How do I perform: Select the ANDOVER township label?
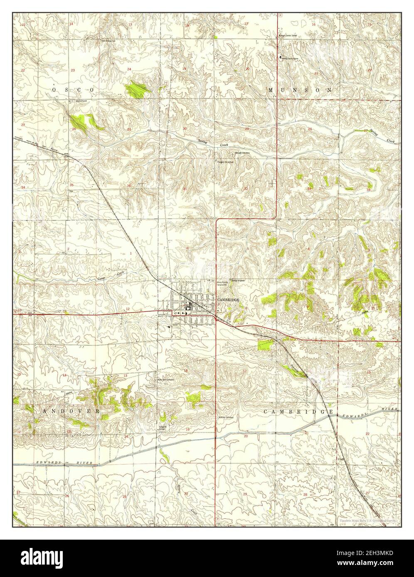coord(70,411)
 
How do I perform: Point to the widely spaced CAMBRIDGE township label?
coord(298,411)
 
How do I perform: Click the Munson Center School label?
coord(289,36)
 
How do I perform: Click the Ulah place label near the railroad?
coord(340,459)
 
